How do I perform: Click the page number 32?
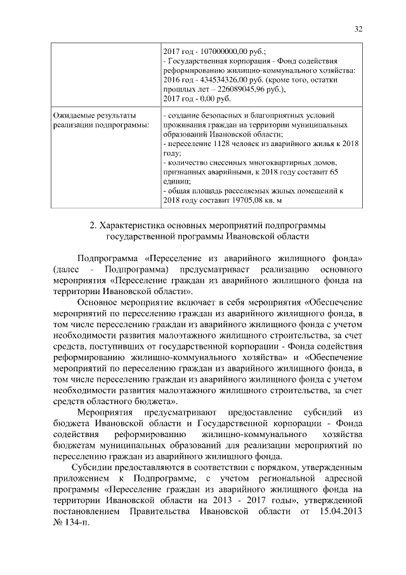click(358, 29)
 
